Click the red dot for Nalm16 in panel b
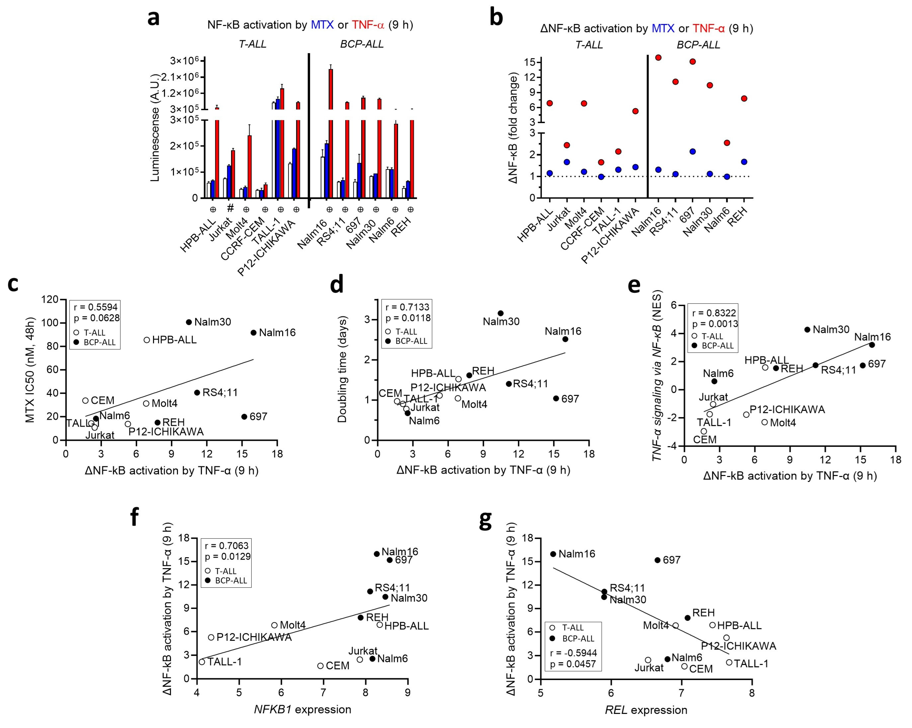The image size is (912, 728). [658, 57]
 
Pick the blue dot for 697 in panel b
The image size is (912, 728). [693, 151]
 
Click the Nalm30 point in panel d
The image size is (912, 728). [500, 313]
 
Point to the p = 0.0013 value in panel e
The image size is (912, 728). [715, 324]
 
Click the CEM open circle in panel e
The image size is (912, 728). [704, 431]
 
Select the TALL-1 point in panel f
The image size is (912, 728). [202, 662]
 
